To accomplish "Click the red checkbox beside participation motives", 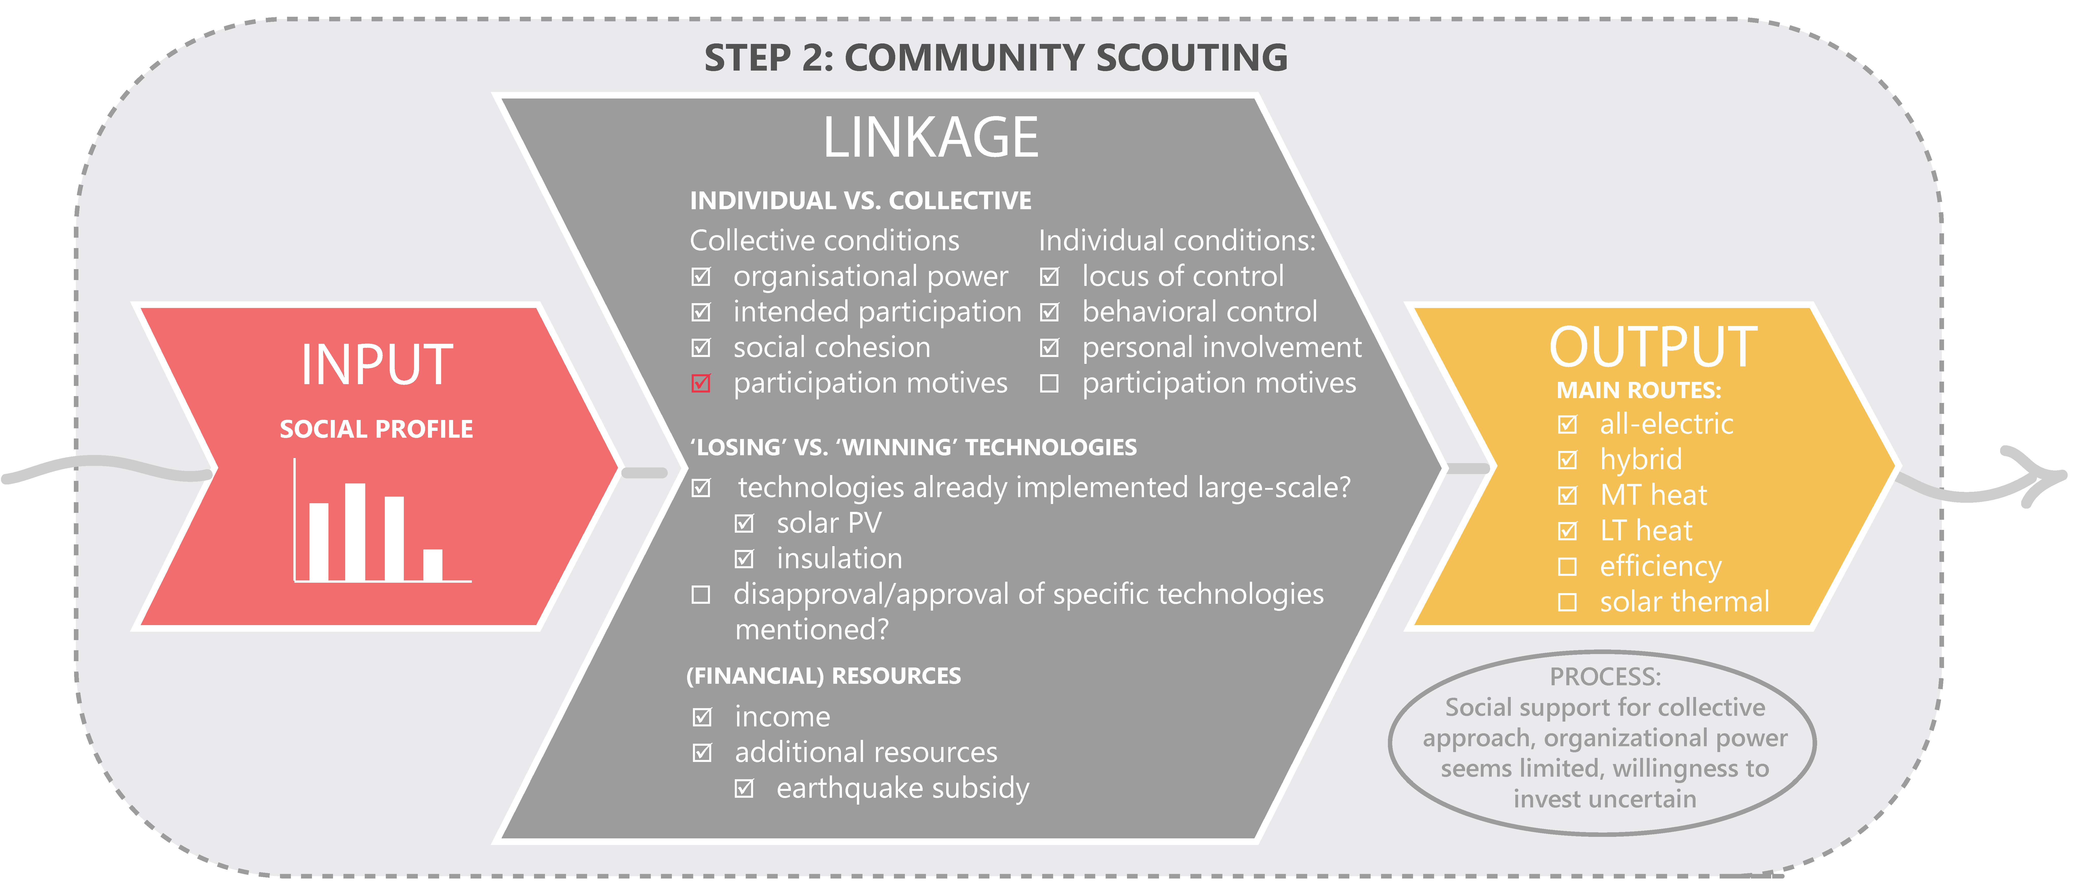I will pos(701,383).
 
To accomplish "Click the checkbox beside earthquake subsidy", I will pos(744,789).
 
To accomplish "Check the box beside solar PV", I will pos(744,524).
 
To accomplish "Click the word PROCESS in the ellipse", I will pos(1605,677).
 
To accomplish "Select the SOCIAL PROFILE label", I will pos(376,429).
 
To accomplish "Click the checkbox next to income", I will pos(702,717).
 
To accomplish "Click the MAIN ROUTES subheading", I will pos(1638,391).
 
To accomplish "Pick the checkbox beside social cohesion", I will pos(701,348).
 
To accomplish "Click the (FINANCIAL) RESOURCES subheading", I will pos(823,676).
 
